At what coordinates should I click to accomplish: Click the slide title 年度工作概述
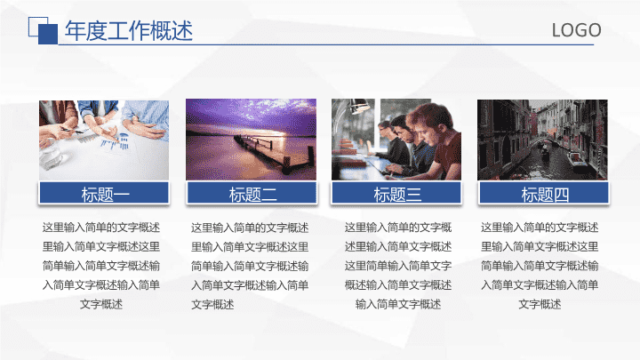129,30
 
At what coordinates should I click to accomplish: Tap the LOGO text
576,30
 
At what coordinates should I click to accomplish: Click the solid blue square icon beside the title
48,34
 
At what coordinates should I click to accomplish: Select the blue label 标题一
104,193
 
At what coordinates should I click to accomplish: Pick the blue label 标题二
252,193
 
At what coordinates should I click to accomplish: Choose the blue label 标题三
396,193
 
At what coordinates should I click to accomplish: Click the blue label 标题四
544,193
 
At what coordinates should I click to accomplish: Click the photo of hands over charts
104,140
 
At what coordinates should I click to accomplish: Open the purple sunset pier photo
251,140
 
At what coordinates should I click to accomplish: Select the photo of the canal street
542,140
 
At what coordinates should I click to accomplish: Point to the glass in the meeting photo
52,156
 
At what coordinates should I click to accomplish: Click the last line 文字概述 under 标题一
101,304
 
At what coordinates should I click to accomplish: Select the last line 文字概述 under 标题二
212,305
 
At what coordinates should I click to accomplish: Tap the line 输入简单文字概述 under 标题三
398,304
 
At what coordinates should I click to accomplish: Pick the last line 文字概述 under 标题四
540,304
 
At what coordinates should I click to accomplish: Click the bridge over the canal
544,141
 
